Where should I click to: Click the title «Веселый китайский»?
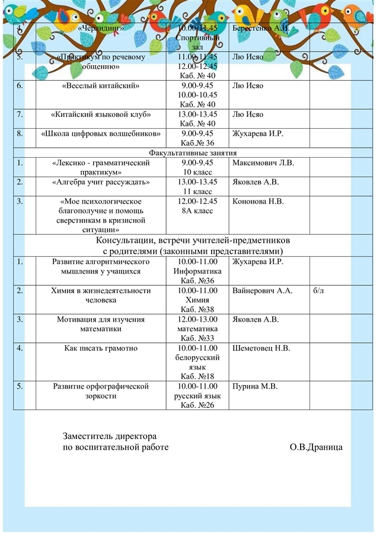coord(101,85)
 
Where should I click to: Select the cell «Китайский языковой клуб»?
coord(101,115)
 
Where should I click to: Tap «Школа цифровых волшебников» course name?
coord(101,133)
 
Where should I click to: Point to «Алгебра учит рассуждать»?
coord(101,182)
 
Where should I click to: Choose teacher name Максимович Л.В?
coord(263,163)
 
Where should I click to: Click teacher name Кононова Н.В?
coord(258,201)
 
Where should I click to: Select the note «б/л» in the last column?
coord(318,291)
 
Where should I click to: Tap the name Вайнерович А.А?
coord(263,291)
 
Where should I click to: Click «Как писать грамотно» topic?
coord(101,348)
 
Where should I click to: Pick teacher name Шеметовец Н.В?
coord(261,348)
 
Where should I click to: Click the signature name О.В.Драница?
coord(316,447)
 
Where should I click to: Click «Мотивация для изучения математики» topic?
coord(101,324)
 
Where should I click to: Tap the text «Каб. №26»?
coord(197,405)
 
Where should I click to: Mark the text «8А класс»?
coord(197,211)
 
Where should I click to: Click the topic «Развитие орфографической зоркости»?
coord(101,391)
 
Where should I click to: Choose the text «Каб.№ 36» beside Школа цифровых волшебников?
coord(197,143)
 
